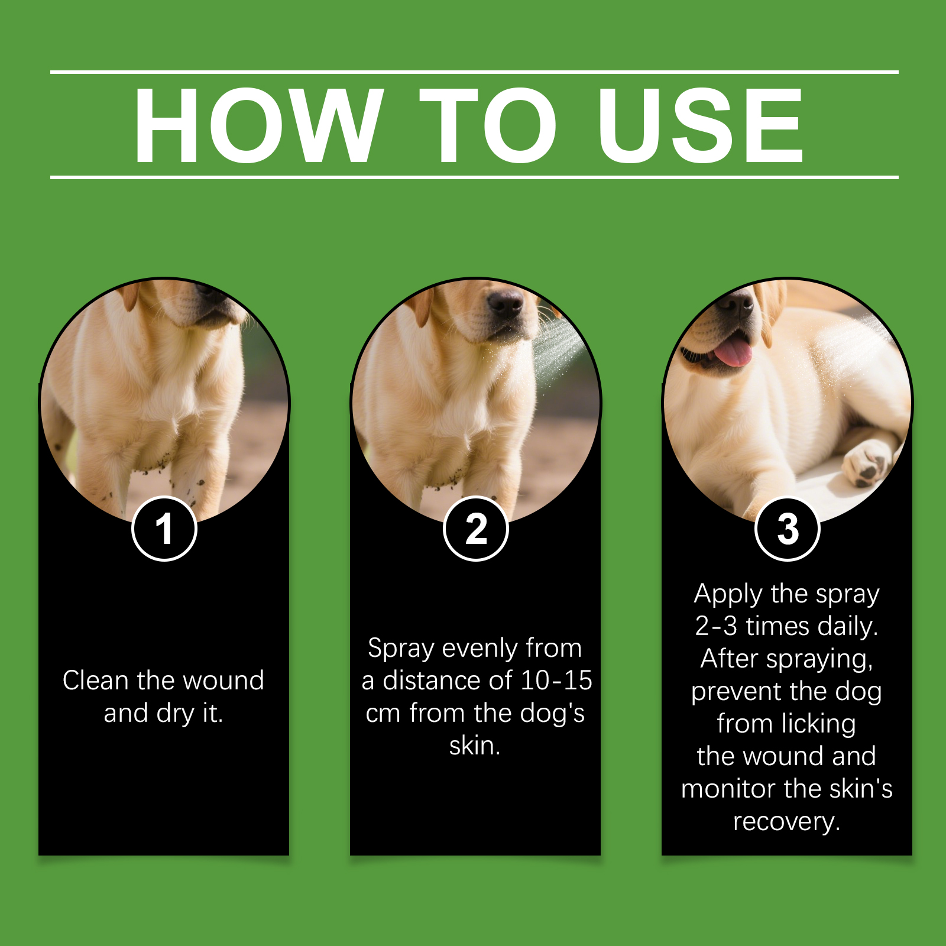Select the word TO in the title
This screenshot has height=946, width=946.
coord(488,125)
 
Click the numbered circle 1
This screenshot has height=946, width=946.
coord(164,529)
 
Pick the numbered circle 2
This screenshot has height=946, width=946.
coord(476,529)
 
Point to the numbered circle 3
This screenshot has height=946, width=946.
coord(788,529)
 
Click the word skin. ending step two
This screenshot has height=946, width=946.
coord(475,746)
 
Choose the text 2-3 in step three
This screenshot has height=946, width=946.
coord(716,626)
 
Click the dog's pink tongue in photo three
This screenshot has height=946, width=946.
coord(733,351)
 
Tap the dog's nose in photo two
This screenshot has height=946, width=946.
coord(505,304)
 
